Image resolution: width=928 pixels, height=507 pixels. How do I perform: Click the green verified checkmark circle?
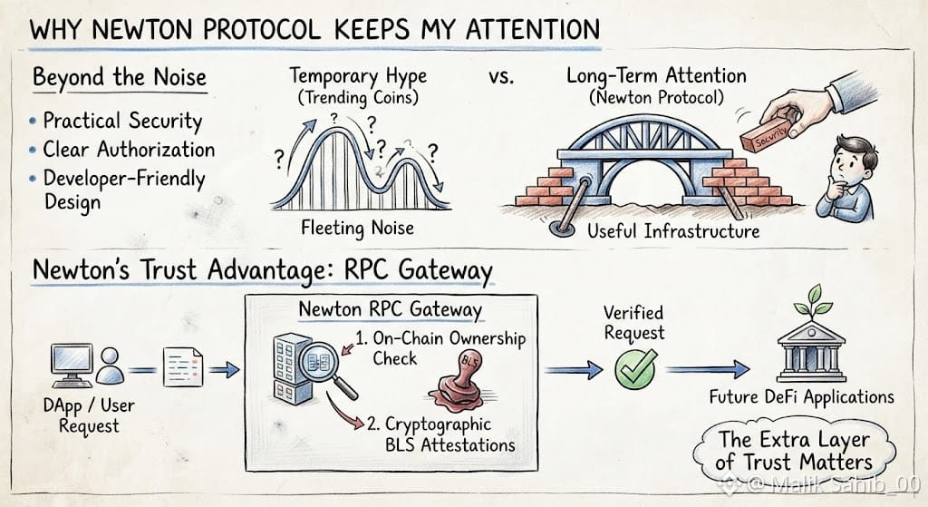(x=635, y=369)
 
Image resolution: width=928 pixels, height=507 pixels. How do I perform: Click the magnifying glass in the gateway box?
(x=325, y=367)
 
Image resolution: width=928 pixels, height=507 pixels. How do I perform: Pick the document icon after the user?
(x=182, y=367)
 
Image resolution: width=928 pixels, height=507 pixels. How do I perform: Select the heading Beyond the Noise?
(x=120, y=77)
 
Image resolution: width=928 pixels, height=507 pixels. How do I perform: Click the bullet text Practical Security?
(x=122, y=121)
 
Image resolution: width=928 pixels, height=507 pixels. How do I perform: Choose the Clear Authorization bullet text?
(x=129, y=150)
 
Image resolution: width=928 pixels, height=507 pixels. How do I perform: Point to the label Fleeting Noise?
(x=357, y=228)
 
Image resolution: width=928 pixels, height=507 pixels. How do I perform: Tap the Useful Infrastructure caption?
(x=673, y=230)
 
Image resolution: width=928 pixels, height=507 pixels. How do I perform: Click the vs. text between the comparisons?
(x=501, y=77)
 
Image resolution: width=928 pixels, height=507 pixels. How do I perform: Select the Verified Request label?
(x=633, y=323)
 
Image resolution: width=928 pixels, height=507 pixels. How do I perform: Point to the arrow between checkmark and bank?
(x=707, y=369)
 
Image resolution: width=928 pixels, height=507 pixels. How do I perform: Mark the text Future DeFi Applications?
(x=802, y=397)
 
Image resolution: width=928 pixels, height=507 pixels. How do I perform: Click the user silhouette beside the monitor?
(x=110, y=366)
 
